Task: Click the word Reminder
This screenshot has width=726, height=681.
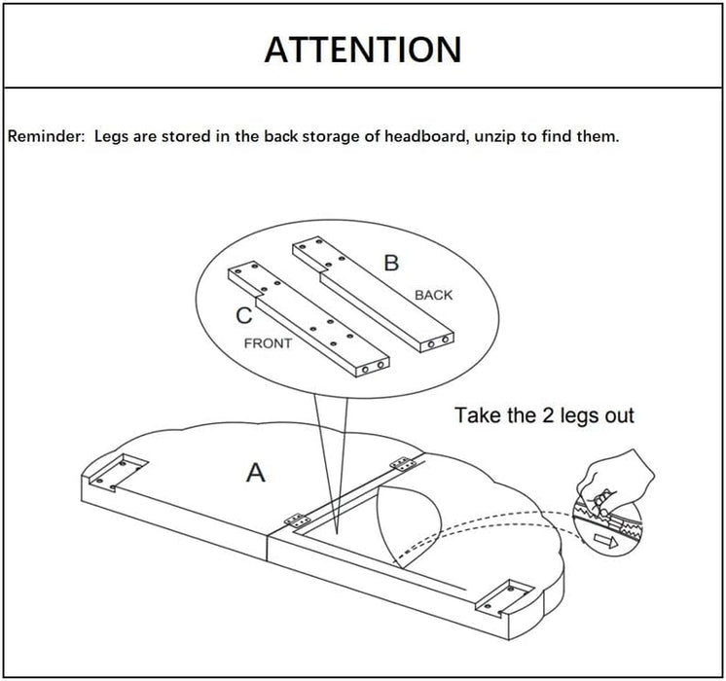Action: click(x=46, y=136)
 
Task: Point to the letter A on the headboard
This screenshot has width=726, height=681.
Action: click(x=255, y=473)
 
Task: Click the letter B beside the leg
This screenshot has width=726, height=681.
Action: click(x=390, y=262)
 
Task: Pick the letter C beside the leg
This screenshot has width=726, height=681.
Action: click(x=245, y=315)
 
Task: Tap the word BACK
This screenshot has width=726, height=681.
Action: click(x=433, y=294)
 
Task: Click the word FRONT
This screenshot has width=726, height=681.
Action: click(x=270, y=342)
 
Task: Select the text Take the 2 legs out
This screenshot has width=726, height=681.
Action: click(x=544, y=415)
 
